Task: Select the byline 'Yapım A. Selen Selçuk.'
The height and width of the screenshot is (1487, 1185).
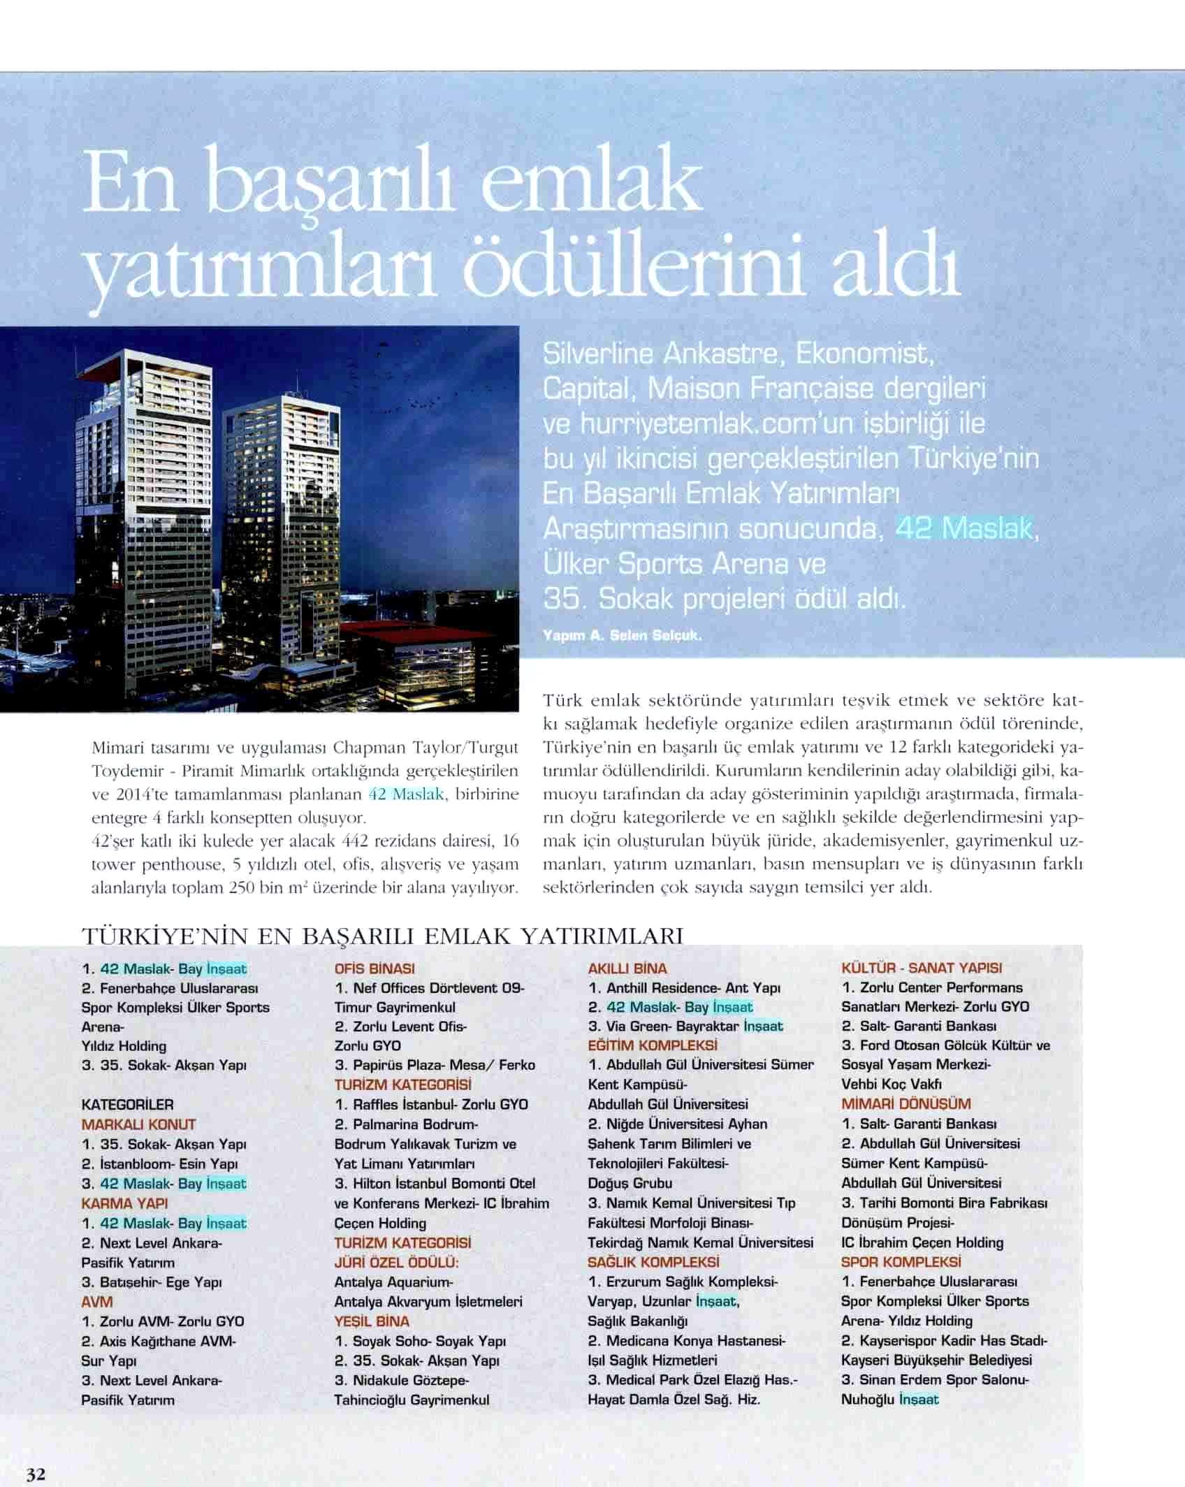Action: point(621,636)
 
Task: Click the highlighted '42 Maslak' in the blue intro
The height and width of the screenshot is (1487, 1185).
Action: point(964,529)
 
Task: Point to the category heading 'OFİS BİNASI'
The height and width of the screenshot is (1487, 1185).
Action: point(375,969)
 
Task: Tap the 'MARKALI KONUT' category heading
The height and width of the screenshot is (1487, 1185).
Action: point(138,1124)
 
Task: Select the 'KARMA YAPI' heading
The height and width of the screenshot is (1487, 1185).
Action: point(124,1203)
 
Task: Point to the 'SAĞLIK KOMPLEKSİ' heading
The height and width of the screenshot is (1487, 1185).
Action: point(653,1262)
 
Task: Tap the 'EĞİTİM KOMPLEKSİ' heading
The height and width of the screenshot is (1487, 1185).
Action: point(653,1046)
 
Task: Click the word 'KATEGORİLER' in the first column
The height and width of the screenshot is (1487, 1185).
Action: point(127,1105)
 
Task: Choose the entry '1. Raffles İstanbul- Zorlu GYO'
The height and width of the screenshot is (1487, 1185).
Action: point(431,1105)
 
